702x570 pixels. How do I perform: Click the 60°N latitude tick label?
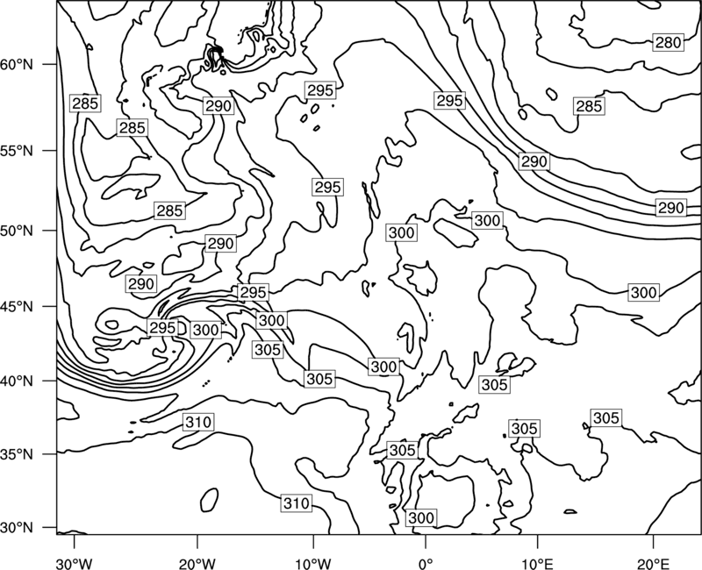17,65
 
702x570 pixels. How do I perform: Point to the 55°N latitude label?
17,151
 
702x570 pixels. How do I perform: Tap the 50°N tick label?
17,231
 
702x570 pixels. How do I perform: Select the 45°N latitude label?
17,306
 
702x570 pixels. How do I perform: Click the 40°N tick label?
17,381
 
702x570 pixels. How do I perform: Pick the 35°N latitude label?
17,454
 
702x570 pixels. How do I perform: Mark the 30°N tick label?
17,528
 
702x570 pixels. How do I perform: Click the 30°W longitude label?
75,564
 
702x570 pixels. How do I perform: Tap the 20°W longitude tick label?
197,564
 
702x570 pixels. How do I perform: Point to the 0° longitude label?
426,564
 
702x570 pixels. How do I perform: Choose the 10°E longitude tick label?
537,564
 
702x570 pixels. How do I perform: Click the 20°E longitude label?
653,564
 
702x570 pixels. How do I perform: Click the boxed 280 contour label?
668,42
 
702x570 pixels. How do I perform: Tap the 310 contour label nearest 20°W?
198,422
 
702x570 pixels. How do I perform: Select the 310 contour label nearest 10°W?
297,503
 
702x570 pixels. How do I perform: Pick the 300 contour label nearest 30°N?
421,517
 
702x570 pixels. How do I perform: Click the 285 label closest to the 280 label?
589,106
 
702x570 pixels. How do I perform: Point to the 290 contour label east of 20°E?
670,208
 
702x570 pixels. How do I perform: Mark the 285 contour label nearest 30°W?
85,103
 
